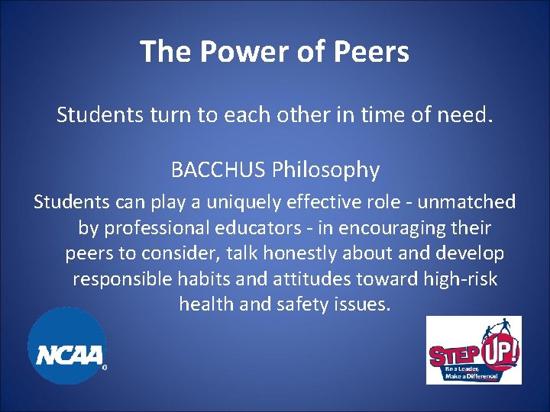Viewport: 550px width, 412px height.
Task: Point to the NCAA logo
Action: click(67, 347)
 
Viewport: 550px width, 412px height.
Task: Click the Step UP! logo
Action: click(474, 350)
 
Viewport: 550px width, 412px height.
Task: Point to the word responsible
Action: click(123, 278)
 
